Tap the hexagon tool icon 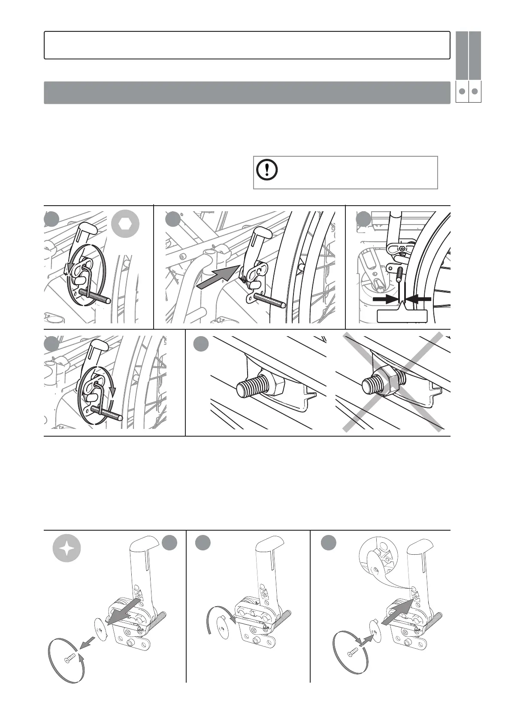pos(125,224)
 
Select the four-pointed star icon pos(67,550)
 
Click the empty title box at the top pos(247,45)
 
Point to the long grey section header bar pos(247,92)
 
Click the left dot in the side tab pos(462,91)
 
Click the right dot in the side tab pos(475,91)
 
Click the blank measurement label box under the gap pos(402,316)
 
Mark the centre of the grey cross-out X pos(393,381)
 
